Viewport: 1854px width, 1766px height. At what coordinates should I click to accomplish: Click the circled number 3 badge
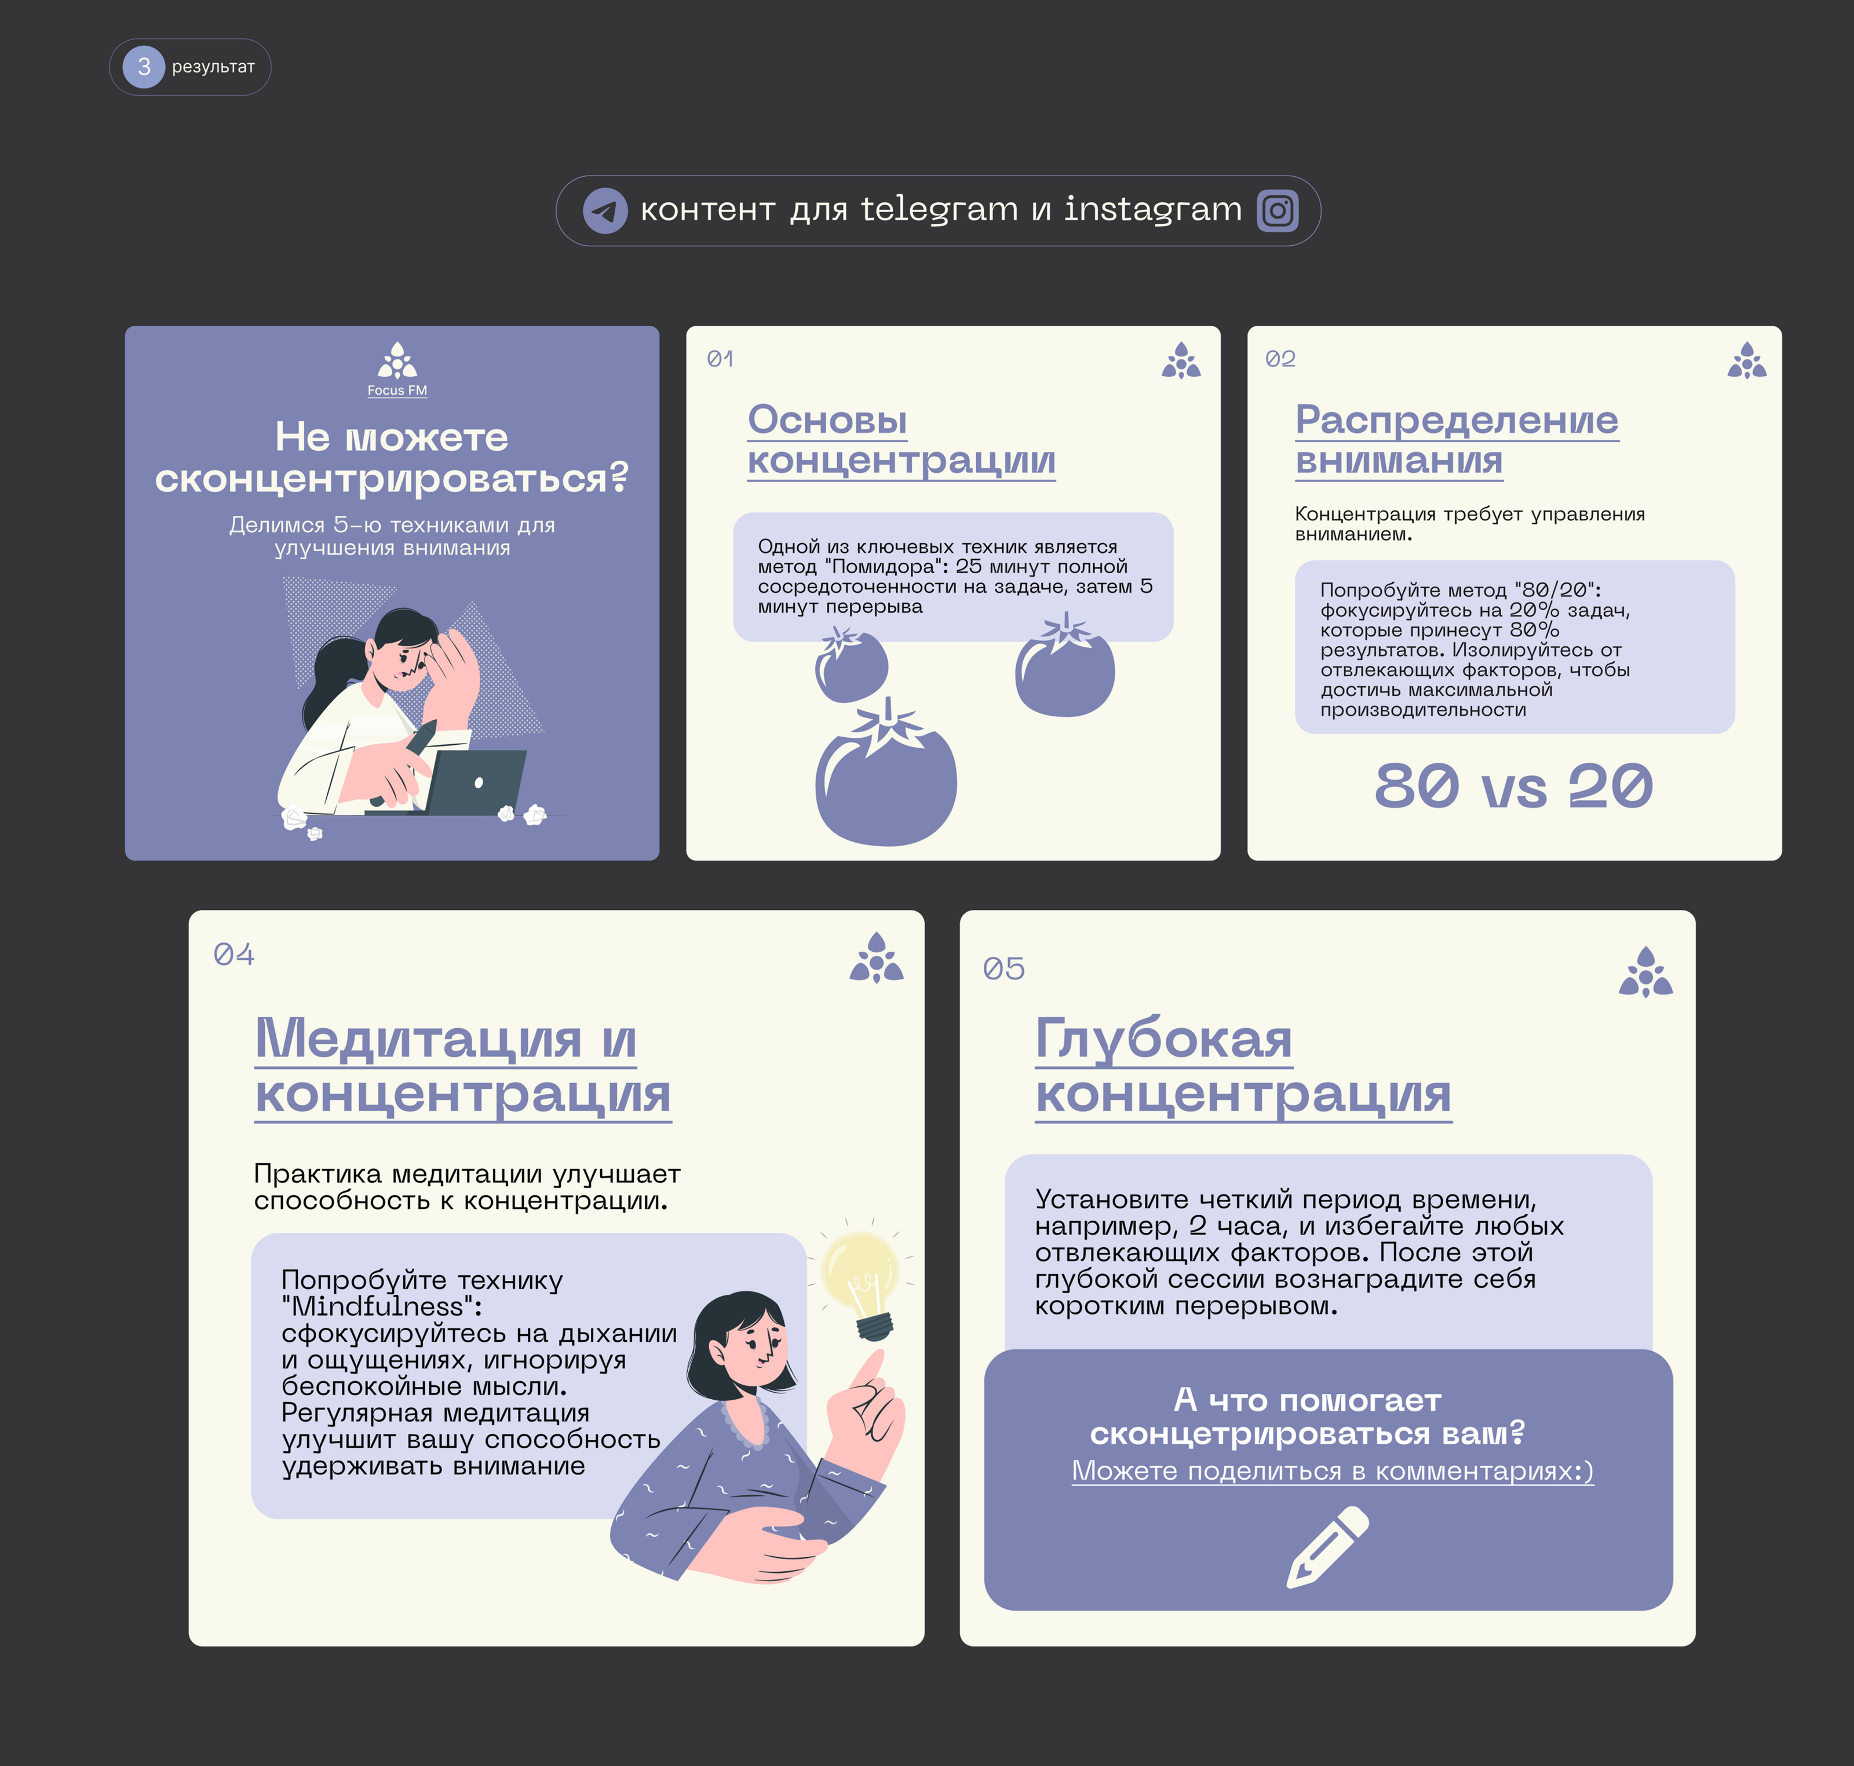point(144,67)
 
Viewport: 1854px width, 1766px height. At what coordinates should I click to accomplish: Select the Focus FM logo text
point(397,391)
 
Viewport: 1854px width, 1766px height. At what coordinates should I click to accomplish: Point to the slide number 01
point(720,359)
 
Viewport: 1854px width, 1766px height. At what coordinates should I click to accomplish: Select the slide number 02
point(1280,359)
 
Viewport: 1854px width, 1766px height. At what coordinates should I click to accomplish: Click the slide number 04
point(233,955)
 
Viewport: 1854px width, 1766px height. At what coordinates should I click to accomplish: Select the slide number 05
point(1003,968)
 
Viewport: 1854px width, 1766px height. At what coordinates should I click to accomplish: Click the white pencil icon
point(1327,1547)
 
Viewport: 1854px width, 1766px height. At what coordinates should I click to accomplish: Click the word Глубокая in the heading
point(1163,1039)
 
